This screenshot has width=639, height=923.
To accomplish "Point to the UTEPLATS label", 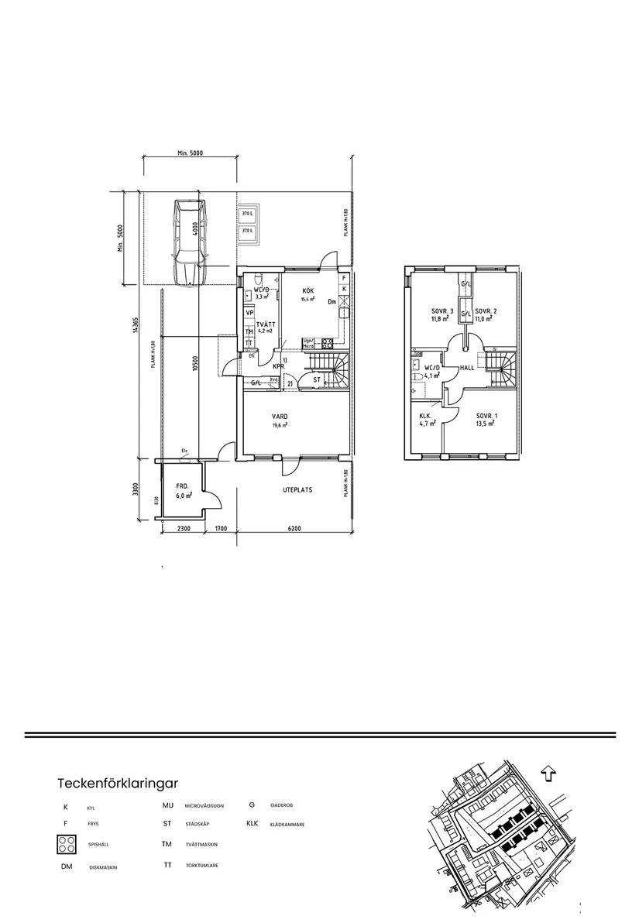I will click(x=297, y=490).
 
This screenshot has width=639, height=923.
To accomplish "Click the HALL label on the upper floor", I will click(x=467, y=368).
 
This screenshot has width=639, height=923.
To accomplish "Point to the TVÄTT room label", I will click(x=266, y=326).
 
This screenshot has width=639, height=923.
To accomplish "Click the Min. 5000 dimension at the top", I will click(x=189, y=153).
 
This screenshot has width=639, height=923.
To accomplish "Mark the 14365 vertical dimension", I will click(x=135, y=328).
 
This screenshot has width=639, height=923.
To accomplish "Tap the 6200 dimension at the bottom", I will click(x=294, y=529).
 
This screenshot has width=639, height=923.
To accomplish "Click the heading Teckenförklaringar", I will click(x=118, y=782).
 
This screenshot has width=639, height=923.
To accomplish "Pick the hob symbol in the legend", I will click(x=66, y=845).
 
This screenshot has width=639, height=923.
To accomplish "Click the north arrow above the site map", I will click(x=548, y=773).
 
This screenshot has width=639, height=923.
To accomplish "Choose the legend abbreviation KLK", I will click(x=252, y=824).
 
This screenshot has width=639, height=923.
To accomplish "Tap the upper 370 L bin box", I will click(x=247, y=214).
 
